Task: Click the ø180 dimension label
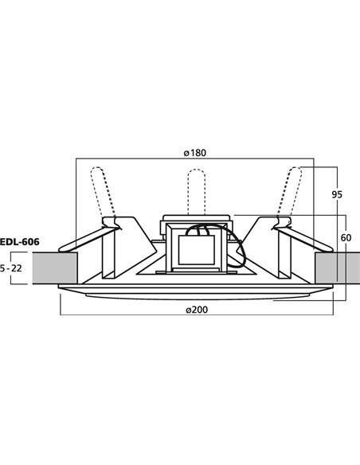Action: tap(194, 153)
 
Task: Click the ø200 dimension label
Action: tap(194, 310)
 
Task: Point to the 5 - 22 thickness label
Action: tap(11, 269)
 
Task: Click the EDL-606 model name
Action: tap(19, 241)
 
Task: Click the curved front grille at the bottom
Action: tap(195, 296)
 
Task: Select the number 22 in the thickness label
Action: tap(18, 269)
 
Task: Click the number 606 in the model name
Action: tap(29, 241)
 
